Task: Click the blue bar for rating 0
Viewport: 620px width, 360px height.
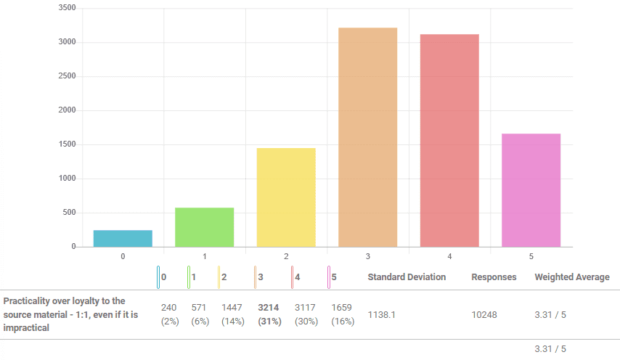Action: [123, 239]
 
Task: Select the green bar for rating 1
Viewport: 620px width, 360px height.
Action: [204, 227]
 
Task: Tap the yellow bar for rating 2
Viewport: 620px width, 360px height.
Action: [286, 197]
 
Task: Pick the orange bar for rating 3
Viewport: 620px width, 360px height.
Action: [367, 137]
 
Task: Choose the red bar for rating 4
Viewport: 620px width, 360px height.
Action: [449, 141]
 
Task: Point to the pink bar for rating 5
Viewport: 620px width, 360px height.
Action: [531, 190]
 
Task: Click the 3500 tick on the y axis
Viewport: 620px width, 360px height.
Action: [67, 8]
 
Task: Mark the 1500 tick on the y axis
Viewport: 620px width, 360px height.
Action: [67, 144]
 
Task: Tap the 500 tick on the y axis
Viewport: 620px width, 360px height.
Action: [69, 213]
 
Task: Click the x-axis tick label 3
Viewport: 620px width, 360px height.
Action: [368, 256]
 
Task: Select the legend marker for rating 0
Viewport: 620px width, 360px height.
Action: [158, 277]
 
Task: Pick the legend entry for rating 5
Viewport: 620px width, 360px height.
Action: [333, 277]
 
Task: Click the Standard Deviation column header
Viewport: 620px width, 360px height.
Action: [407, 277]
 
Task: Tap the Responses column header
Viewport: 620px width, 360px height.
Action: [494, 277]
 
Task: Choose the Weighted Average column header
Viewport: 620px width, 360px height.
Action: [572, 277]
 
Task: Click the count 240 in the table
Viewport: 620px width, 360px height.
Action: [169, 308]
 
